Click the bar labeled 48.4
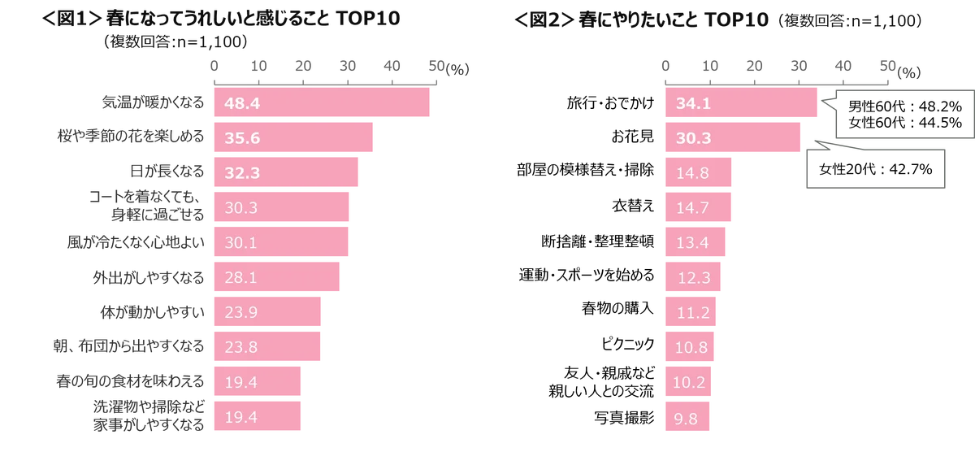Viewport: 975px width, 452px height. click(x=321, y=104)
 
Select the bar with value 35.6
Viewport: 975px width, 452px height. click(x=292, y=138)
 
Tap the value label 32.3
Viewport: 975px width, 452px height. click(x=241, y=173)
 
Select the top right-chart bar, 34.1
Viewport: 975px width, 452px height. click(x=740, y=104)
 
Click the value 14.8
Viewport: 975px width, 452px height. click(x=693, y=173)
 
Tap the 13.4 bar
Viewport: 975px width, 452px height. click(x=695, y=243)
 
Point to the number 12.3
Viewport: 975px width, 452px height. click(x=695, y=278)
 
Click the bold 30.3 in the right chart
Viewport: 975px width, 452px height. click(x=693, y=138)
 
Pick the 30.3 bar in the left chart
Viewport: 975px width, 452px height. click(x=280, y=208)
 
